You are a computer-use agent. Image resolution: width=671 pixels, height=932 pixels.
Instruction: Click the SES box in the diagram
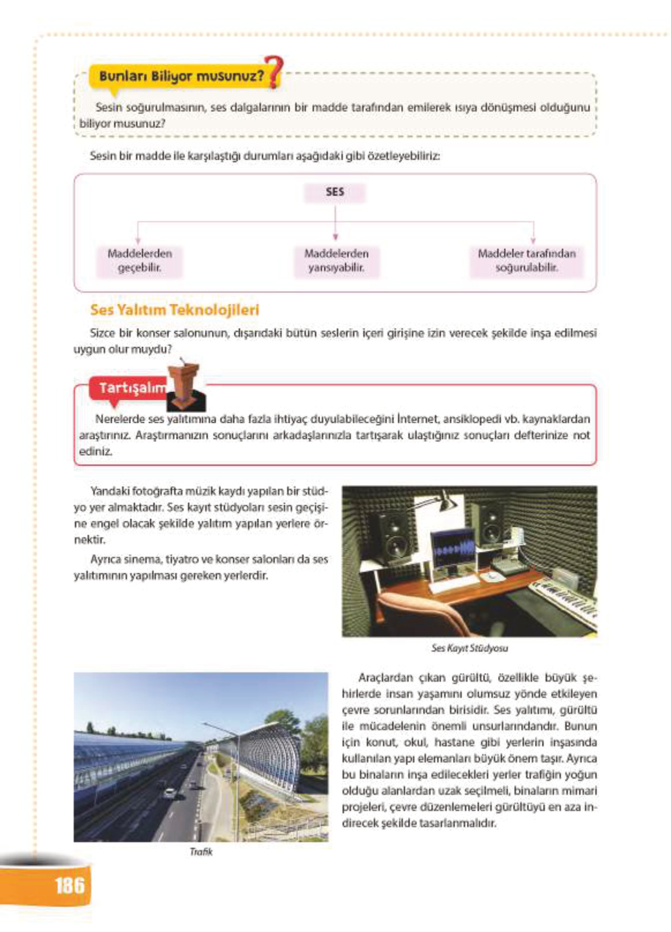pyautogui.click(x=335, y=193)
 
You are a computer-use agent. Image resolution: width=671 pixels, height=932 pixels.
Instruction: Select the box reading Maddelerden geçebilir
pyautogui.click(x=139, y=261)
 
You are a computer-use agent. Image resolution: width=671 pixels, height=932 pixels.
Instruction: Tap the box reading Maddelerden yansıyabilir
pyautogui.click(x=336, y=261)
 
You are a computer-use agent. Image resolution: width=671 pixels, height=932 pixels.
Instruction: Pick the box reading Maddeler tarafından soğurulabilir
pyautogui.click(x=526, y=261)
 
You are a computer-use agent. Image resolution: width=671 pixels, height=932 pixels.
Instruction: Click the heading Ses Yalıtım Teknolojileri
pyautogui.click(x=174, y=310)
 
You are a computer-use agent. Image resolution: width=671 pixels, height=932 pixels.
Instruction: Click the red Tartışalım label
pyautogui.click(x=128, y=388)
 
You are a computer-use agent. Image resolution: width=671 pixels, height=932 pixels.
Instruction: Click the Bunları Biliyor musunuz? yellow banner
pyautogui.click(x=180, y=76)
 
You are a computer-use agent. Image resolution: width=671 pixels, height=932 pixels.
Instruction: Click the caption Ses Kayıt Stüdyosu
pyautogui.click(x=469, y=648)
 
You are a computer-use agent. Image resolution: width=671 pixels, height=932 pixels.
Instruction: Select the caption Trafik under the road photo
pyautogui.click(x=201, y=852)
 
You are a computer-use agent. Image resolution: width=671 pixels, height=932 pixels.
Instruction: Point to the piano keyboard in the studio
pyautogui.click(x=563, y=600)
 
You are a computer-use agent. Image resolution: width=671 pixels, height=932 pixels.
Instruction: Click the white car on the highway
pyautogui.click(x=169, y=794)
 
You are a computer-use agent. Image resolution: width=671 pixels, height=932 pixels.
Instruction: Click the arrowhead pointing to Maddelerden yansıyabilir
pyautogui.click(x=335, y=237)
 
